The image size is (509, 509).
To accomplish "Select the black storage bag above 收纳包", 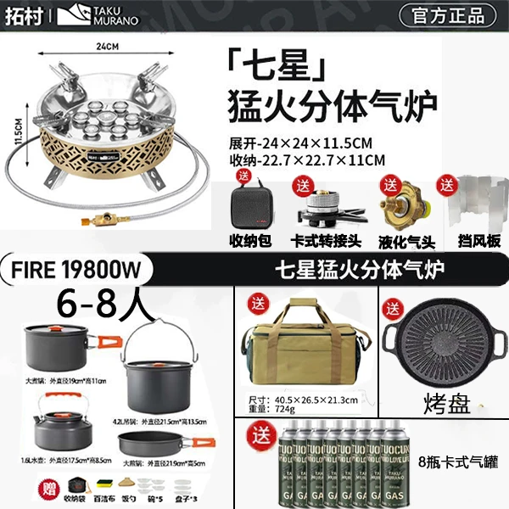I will point(251,204).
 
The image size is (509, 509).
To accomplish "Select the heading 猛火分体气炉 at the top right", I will point(332,109).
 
